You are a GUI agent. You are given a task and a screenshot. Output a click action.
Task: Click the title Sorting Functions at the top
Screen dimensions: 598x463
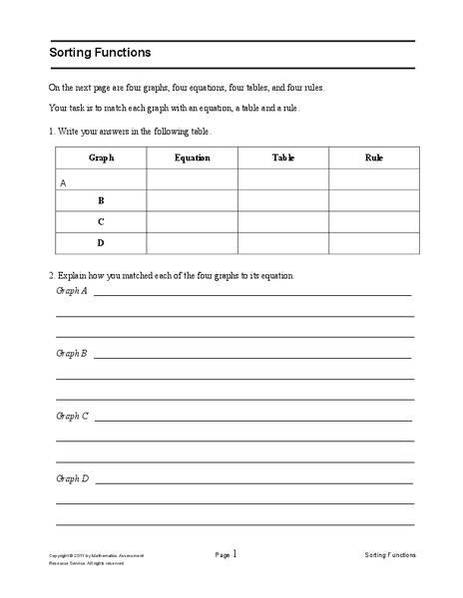pos(101,53)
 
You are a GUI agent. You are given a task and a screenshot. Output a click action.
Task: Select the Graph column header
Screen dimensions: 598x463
pos(101,157)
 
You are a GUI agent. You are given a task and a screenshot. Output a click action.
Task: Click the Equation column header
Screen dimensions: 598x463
pos(192,157)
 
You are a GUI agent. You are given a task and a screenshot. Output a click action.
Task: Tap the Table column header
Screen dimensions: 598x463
pos(283,157)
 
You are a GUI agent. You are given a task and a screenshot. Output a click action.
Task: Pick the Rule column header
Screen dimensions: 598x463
pos(374,157)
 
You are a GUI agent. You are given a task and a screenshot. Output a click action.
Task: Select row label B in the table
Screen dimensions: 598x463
pos(101,200)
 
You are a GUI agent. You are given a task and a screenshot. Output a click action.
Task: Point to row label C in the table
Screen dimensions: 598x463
pos(101,221)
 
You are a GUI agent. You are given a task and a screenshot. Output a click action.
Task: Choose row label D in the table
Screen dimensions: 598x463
pos(101,242)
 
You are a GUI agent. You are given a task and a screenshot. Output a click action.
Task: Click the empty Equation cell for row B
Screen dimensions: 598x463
pos(192,200)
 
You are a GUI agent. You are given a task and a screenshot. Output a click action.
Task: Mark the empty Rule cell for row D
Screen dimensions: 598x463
pos(374,242)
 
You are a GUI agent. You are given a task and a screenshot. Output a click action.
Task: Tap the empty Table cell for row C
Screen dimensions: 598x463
pos(283,221)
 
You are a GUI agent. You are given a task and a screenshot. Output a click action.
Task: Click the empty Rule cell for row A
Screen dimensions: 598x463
pos(374,179)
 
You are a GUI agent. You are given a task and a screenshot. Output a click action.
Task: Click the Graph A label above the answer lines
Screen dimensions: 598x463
pos(72,291)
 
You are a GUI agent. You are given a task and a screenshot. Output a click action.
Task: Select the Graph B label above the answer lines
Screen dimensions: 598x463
pos(72,353)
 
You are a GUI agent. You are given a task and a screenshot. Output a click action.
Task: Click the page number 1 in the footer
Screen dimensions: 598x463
pos(236,553)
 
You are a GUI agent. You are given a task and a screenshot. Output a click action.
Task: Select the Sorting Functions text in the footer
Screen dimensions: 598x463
pos(390,555)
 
